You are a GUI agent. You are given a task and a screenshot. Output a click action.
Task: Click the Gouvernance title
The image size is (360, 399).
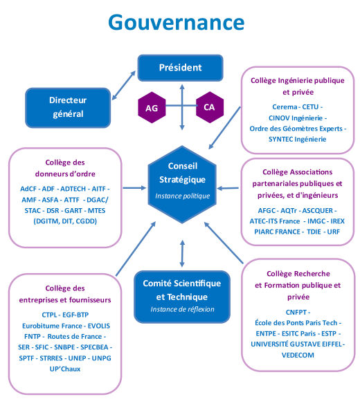tap(177, 22)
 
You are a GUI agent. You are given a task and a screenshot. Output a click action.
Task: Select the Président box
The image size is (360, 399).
tap(181, 68)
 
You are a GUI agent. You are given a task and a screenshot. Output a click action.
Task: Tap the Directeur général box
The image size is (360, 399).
tap(68, 108)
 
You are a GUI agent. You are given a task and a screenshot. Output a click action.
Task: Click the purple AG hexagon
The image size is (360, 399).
tap(152, 108)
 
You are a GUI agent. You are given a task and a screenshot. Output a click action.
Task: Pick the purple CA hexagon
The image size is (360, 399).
tap(210, 107)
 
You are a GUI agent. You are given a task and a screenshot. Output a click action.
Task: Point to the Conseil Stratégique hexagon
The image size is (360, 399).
tap(182, 185)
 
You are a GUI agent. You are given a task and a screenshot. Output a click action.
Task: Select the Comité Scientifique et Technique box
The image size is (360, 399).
tap(182, 297)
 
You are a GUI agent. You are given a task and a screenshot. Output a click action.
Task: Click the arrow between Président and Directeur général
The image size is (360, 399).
tap(124, 85)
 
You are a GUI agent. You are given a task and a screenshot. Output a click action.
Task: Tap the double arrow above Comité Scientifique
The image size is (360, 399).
tap(182, 254)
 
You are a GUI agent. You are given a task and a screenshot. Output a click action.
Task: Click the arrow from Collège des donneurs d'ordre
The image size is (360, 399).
tap(134, 188)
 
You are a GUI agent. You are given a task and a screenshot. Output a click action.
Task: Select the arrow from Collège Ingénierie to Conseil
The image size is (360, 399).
tap(224, 128)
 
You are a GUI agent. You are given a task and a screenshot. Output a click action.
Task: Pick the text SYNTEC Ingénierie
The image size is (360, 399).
tap(297, 139)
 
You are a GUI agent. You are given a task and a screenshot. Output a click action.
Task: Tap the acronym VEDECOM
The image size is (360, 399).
tap(298, 355)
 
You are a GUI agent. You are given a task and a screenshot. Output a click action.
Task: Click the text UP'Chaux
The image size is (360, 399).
tap(65, 369)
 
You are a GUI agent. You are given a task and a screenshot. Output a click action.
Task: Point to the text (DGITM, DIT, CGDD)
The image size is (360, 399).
tap(65, 221)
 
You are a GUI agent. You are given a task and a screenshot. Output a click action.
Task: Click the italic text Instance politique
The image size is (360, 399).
tap(182, 196)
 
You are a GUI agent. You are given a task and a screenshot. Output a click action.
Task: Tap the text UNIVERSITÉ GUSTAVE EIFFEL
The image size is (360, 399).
tap(296, 344)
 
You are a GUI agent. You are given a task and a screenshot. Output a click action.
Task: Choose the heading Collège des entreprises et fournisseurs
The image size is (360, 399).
tap(65, 294)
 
